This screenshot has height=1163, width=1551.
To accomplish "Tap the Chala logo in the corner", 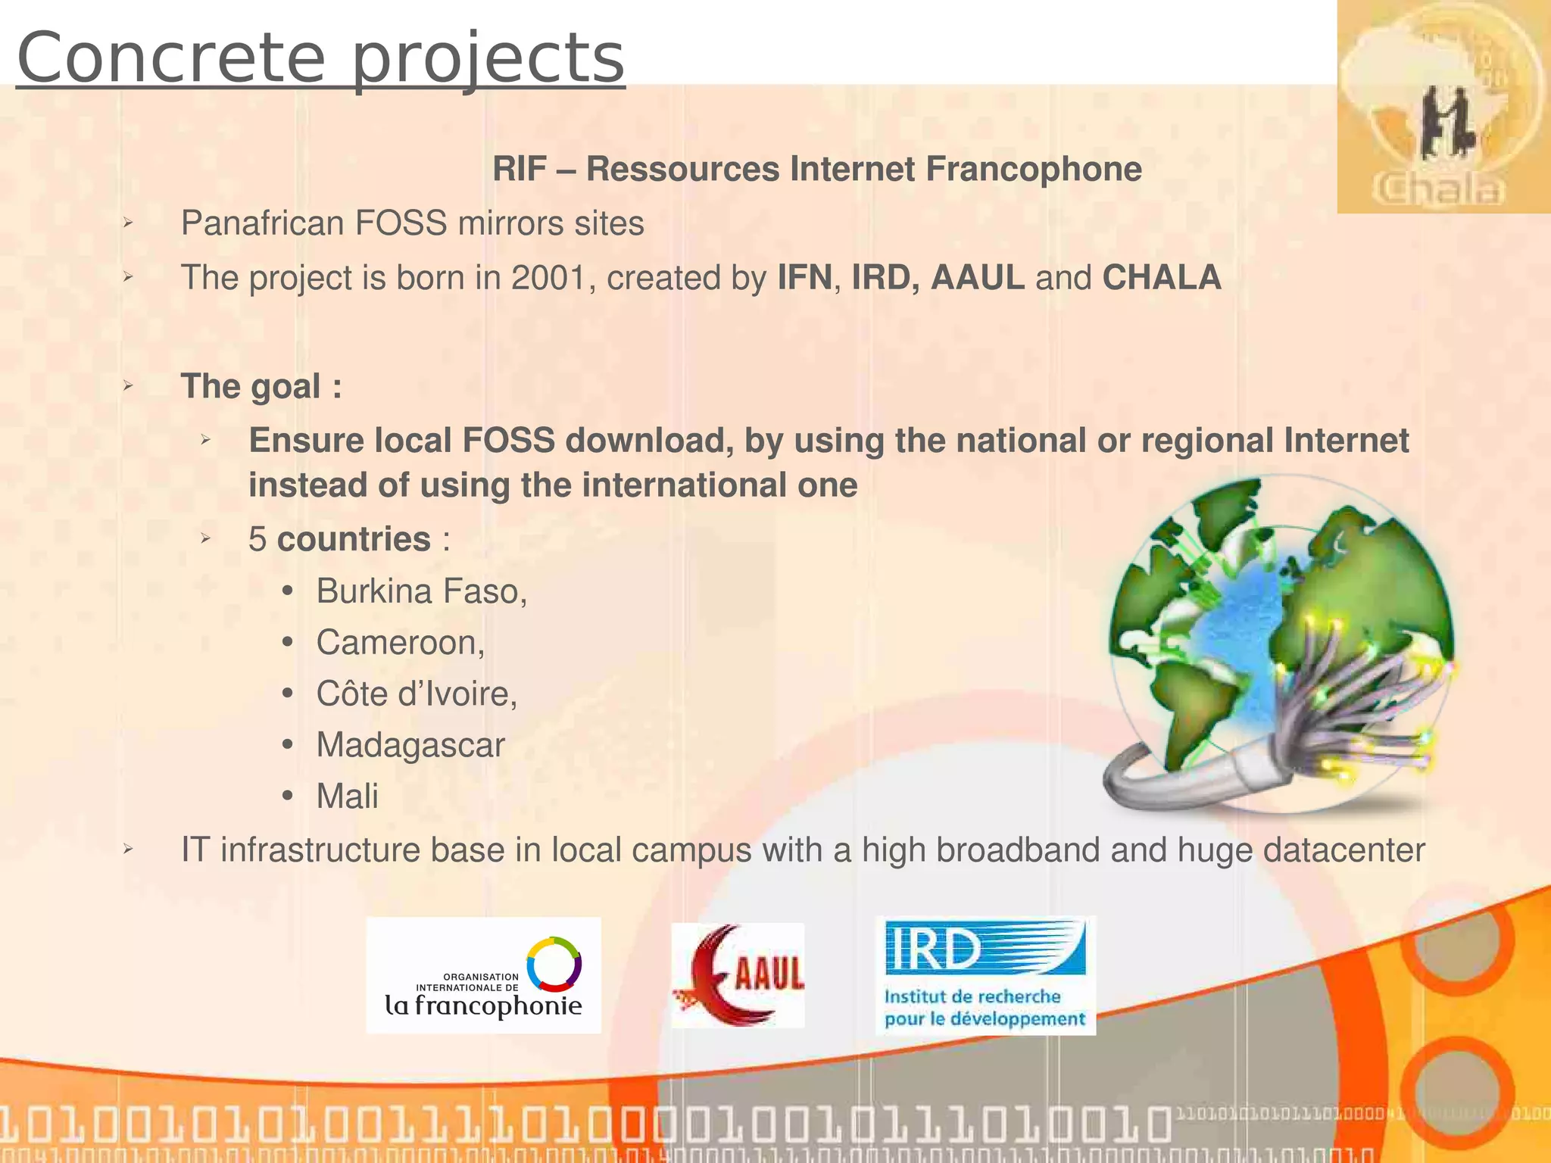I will click(x=1443, y=108).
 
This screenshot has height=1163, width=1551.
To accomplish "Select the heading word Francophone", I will click(x=1033, y=169).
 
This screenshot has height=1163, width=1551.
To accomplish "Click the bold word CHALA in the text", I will click(x=1161, y=278).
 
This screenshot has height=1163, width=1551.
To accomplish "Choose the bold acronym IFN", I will click(x=804, y=278).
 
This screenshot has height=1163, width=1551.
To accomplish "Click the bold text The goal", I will click(x=261, y=386).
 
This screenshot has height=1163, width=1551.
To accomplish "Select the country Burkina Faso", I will click(x=421, y=591).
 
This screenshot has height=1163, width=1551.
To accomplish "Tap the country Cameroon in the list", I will click(x=400, y=643).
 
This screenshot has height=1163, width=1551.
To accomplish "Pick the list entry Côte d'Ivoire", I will click(x=417, y=694).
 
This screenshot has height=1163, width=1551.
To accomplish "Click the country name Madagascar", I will click(x=410, y=745).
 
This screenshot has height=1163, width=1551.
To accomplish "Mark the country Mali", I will click(x=347, y=797).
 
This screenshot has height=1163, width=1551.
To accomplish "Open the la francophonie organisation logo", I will click(x=483, y=975).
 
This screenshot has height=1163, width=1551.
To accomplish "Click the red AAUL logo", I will click(x=738, y=975).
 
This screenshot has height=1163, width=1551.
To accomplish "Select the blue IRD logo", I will click(x=985, y=975).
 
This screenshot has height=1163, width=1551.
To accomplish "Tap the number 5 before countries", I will click(x=257, y=540).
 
